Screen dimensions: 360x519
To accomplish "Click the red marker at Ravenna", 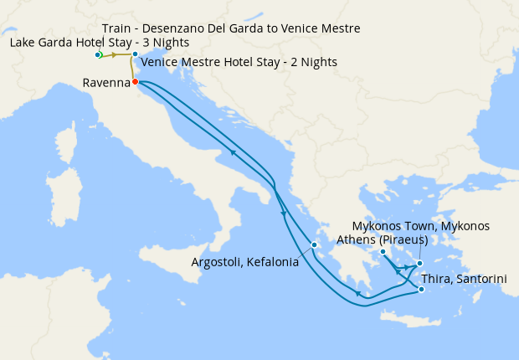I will pos(135,82).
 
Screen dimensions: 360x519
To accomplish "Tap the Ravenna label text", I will pos(106,83).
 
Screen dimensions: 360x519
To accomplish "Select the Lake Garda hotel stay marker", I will pos(98,55).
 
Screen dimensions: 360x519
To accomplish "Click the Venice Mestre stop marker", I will pos(135,55).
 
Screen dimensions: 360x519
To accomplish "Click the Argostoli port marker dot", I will pos(314,245).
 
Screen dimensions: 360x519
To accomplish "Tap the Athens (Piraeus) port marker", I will pos(382,252).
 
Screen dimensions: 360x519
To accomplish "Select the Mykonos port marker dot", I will pos(420,263).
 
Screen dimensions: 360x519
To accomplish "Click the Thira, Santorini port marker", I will pos(421,290).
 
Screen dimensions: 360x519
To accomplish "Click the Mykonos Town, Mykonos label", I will pos(420,226).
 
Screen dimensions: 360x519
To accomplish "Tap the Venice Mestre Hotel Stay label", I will pos(239,62).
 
